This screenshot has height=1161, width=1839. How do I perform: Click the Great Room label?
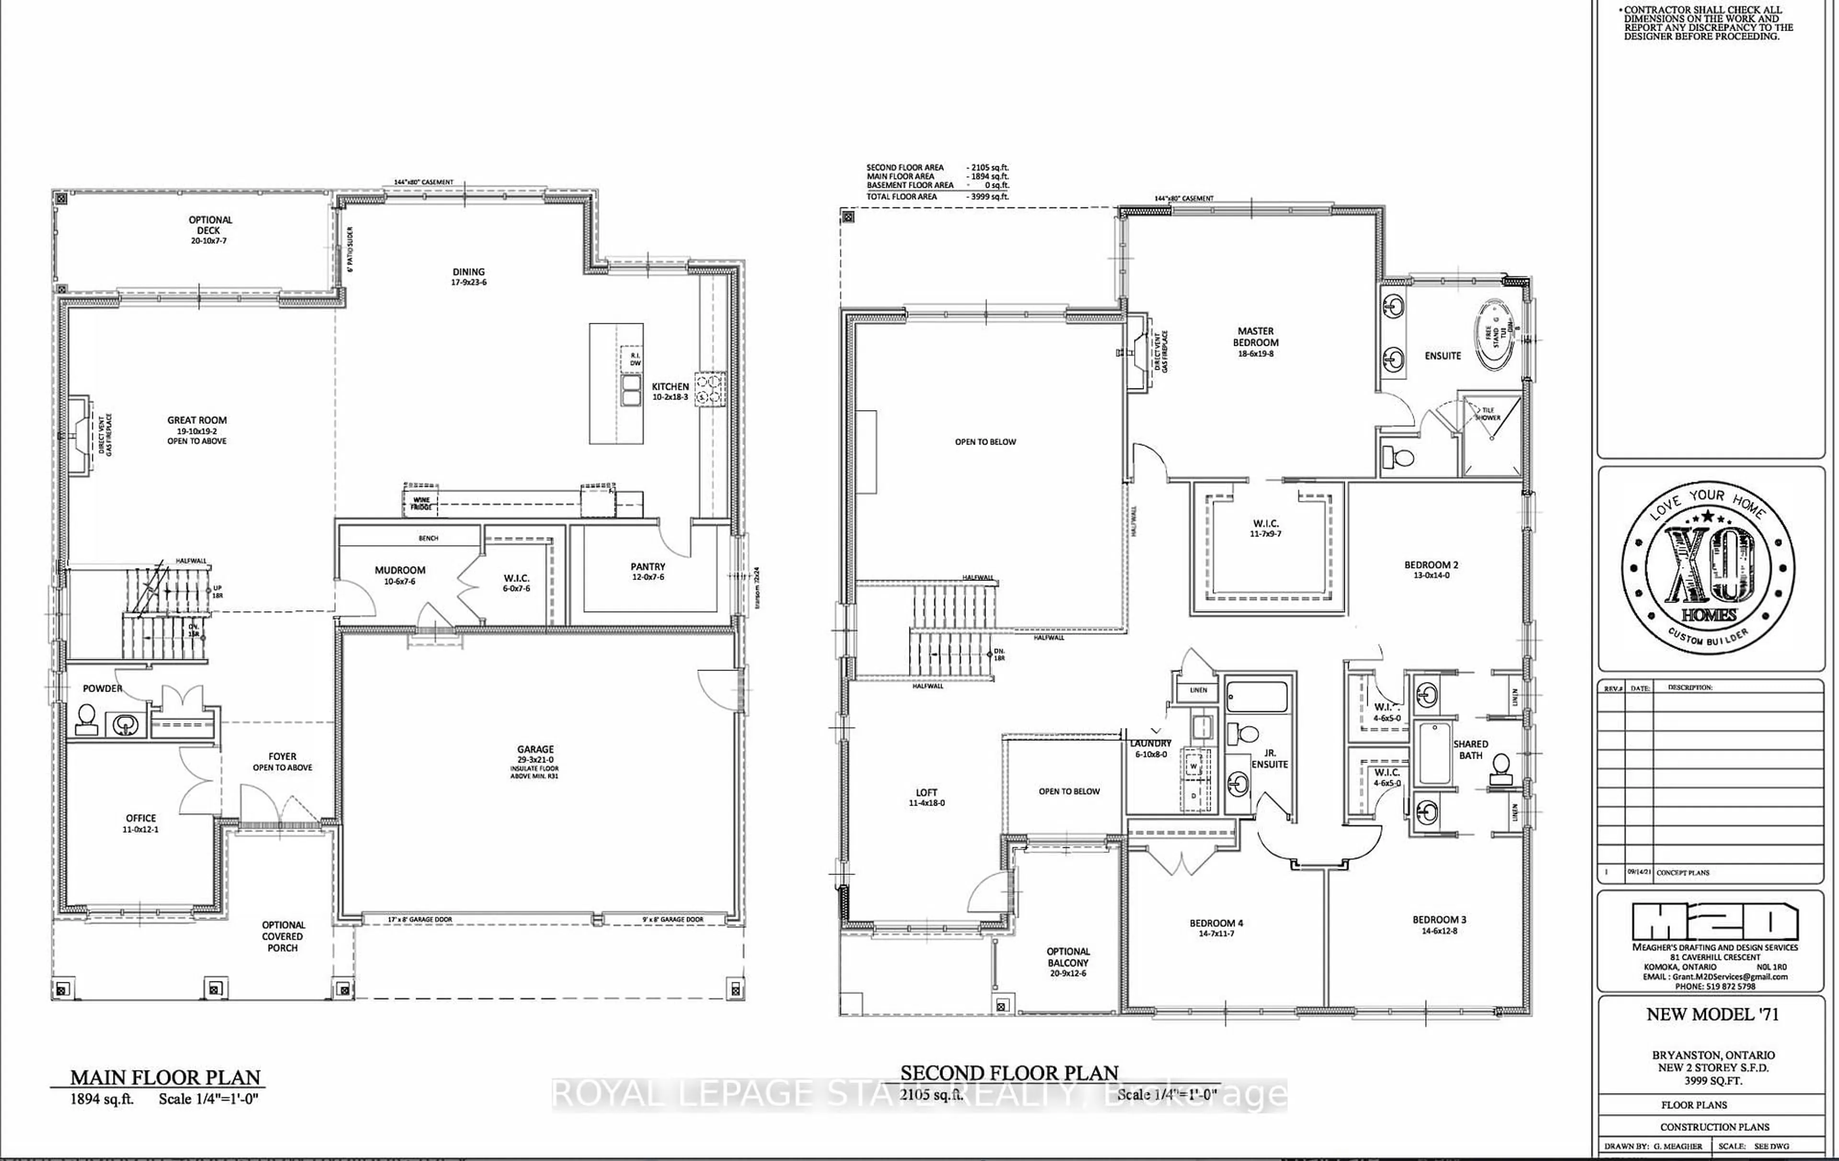197,420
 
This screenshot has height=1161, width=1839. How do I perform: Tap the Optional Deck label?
210,225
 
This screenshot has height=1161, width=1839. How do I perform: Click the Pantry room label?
647,567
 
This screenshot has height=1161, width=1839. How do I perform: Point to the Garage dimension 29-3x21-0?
534,760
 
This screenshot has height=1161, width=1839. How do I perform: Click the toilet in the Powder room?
86,719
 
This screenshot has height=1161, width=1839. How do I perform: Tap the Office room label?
140,818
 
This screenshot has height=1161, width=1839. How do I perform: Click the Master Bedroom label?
1256,337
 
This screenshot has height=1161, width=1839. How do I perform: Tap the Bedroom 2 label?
1431,565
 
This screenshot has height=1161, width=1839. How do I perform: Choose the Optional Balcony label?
1067,957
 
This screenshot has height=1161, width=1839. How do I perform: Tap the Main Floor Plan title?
166,1078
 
